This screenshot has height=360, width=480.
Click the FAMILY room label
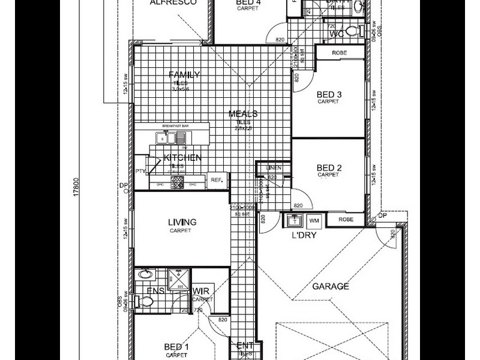(184, 75)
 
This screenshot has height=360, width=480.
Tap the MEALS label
(243, 114)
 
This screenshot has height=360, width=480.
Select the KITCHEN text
(182, 158)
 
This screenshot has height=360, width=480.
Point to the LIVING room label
(182, 223)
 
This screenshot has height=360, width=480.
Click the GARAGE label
(330, 287)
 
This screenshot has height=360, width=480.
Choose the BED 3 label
(329, 95)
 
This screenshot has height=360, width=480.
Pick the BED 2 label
(329, 168)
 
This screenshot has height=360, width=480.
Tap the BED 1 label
(176, 347)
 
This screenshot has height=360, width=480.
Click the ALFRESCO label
(173, 3)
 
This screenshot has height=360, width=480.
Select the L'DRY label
(304, 235)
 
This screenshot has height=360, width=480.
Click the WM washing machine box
(314, 220)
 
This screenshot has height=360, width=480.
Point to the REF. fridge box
(216, 178)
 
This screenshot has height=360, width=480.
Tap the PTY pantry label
(140, 171)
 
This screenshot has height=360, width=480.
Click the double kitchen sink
(169, 139)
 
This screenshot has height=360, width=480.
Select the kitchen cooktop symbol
(177, 181)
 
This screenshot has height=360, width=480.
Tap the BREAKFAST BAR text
(175, 127)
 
